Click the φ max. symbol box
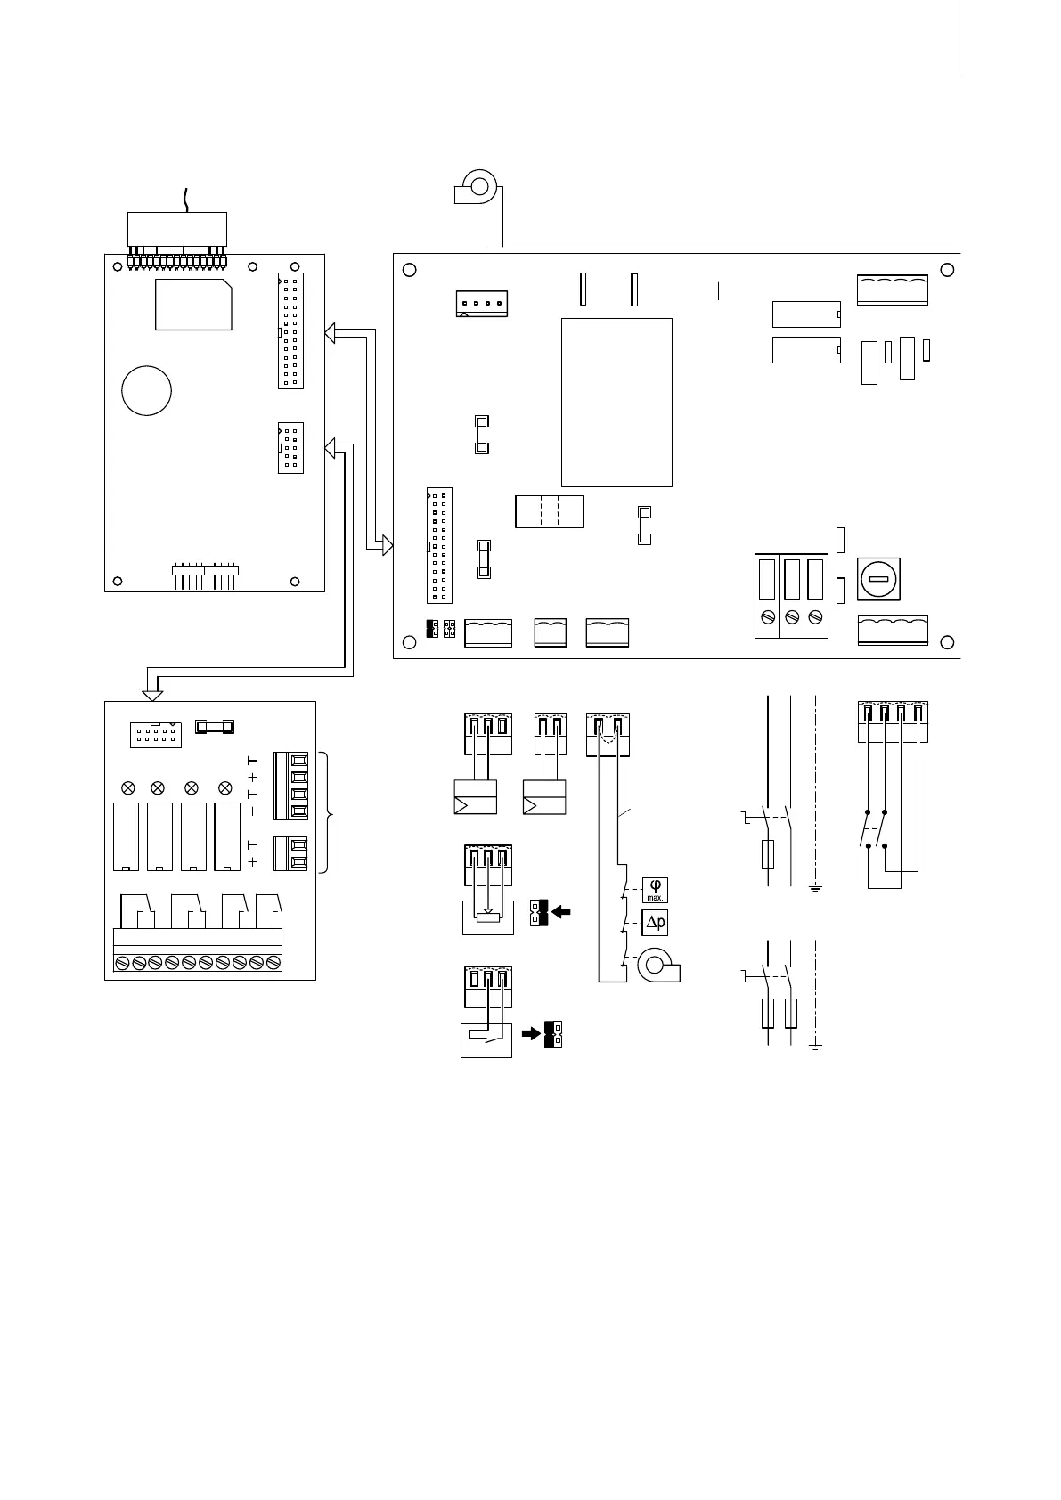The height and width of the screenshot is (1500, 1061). [x=655, y=890]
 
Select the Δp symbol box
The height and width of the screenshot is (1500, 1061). [x=655, y=923]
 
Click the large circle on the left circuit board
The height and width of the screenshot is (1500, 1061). [x=146, y=390]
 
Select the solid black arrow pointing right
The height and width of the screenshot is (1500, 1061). [x=531, y=1034]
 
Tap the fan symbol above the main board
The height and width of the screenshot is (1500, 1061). [x=477, y=188]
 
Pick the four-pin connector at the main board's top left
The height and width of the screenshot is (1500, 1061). [x=481, y=304]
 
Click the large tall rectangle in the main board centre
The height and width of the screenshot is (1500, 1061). [x=616, y=402]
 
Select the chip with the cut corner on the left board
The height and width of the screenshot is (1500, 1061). [x=194, y=305]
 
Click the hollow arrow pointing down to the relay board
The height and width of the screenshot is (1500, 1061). [x=154, y=687]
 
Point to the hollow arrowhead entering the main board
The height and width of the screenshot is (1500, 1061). [x=387, y=544]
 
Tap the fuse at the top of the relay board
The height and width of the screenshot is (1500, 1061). [x=215, y=728]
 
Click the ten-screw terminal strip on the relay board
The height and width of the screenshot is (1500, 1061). [x=198, y=962]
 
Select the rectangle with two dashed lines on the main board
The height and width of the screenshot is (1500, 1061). [x=549, y=511]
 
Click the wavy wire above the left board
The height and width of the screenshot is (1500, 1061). [x=186, y=200]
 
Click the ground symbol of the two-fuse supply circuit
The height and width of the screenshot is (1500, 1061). [x=814, y=1046]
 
